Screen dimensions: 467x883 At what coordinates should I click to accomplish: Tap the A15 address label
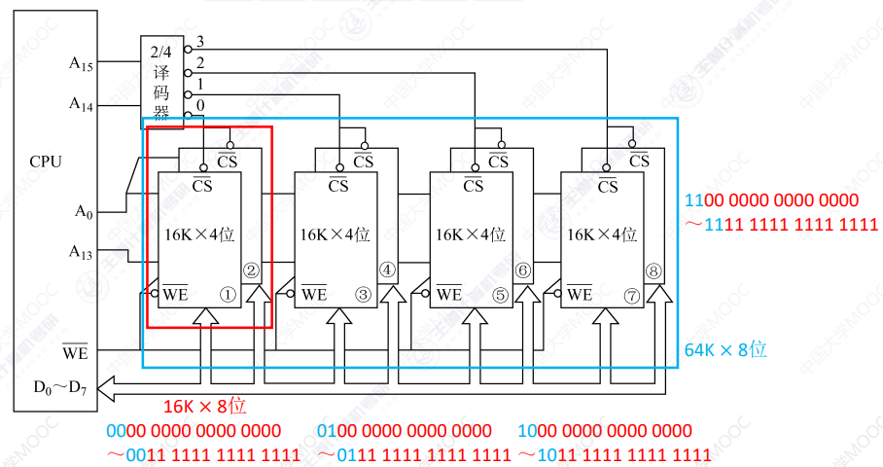[x=81, y=63]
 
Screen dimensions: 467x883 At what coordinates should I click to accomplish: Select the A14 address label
[x=81, y=102]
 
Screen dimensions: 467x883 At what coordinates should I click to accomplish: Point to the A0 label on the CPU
[x=83, y=210]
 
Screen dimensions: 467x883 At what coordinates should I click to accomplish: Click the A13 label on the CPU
[x=81, y=252]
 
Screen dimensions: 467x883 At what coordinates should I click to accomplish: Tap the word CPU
[x=46, y=162]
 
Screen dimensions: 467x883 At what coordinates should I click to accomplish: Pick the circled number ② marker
[x=252, y=270]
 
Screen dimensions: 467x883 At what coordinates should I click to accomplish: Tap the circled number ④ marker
[x=387, y=270]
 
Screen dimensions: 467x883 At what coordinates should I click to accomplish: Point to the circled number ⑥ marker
[x=522, y=270]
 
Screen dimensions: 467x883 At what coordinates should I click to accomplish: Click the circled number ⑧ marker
[x=653, y=270]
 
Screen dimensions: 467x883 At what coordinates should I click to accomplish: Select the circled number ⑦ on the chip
[x=631, y=292]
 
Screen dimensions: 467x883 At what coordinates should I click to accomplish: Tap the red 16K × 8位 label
[x=203, y=407]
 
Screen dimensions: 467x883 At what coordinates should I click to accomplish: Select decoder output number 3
[x=200, y=42]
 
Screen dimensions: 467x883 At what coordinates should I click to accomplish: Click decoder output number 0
[x=200, y=105]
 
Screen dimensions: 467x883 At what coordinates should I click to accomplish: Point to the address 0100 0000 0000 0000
[x=405, y=430]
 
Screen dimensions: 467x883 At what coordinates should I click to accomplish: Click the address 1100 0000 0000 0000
[x=772, y=201]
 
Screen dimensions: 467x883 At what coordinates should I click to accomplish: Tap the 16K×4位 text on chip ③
[x=335, y=234]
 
